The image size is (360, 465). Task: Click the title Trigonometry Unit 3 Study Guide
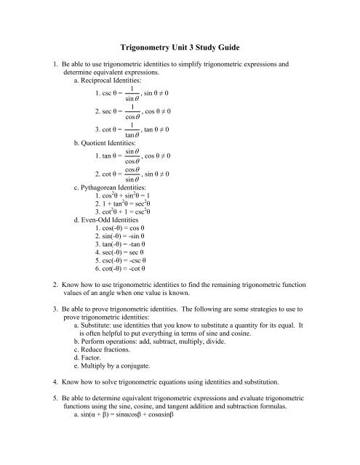click(180, 48)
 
